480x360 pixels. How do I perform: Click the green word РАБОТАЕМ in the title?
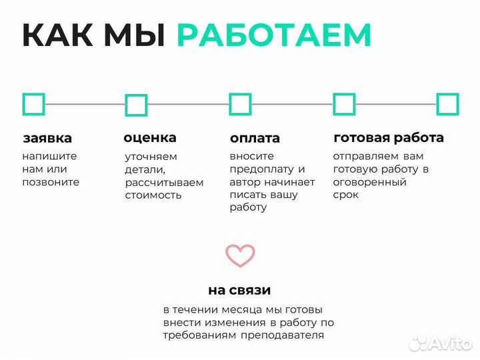[x=273, y=35]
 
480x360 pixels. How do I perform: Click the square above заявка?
[x=33, y=104]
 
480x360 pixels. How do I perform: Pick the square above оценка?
[x=136, y=105]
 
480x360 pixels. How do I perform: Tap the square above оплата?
[x=240, y=104]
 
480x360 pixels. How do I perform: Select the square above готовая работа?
[x=344, y=104]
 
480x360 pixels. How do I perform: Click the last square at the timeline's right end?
[x=447, y=104]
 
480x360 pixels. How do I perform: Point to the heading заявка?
[x=47, y=139]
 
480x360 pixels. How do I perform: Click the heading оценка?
[x=150, y=138]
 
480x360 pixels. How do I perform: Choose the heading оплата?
[x=255, y=139]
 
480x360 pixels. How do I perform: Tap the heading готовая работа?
[x=388, y=138]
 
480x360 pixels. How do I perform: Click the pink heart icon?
[x=240, y=255]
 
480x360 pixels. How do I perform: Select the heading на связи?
[x=239, y=291]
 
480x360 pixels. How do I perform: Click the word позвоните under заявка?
[x=51, y=182]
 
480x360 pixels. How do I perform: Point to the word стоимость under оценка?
[x=153, y=195]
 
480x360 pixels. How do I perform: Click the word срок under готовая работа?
[x=345, y=195]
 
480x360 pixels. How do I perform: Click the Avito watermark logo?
[x=441, y=343]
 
